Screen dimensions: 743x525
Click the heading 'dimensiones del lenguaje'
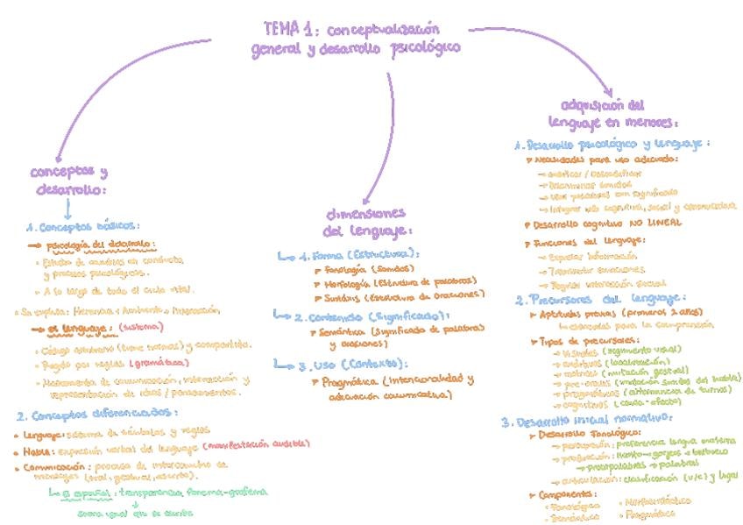point(365,223)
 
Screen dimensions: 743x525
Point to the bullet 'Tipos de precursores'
point(578,340)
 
